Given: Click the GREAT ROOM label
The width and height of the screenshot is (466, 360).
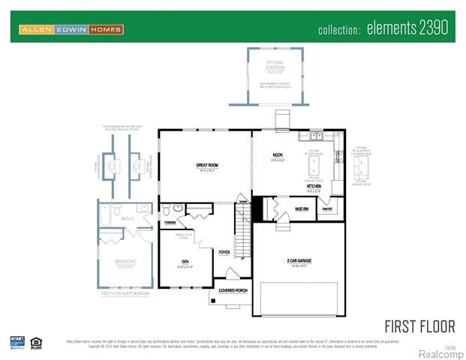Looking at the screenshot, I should [x=207, y=164].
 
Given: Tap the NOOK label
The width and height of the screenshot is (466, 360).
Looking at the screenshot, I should [x=277, y=155].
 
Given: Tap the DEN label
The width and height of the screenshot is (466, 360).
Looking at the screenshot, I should [x=185, y=262].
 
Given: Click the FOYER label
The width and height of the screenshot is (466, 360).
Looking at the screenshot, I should [x=224, y=252].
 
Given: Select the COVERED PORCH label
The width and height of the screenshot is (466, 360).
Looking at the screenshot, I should [x=233, y=289].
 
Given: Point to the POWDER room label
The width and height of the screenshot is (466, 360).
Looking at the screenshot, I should [x=170, y=223].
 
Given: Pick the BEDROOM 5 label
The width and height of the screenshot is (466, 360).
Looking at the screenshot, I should [x=125, y=262].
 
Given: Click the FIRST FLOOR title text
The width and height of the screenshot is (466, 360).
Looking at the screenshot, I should [x=419, y=326].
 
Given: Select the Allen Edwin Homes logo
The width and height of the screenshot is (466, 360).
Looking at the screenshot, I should [x=71, y=29].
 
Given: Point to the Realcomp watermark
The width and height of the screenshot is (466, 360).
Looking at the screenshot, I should [x=440, y=353].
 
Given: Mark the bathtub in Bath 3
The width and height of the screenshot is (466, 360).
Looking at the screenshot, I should [x=105, y=217].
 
